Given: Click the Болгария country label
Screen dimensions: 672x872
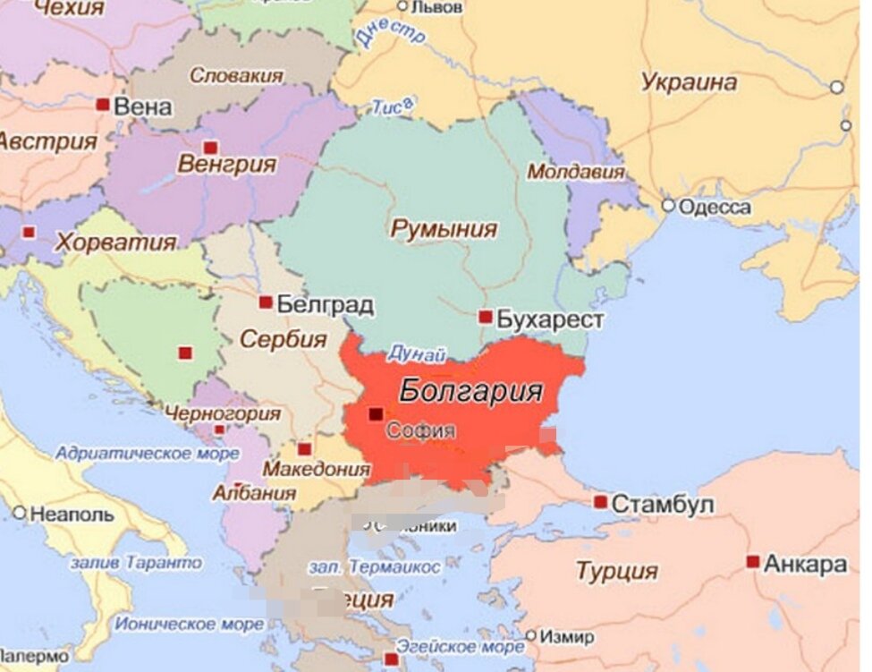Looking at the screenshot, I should click(470, 391).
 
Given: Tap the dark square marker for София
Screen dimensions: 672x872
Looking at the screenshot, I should click(376, 414).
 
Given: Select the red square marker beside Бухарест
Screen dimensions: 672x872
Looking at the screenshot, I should click(485, 317).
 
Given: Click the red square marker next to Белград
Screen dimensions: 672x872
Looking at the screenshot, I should click(266, 302).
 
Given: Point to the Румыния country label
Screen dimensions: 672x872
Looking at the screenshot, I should click(443, 229).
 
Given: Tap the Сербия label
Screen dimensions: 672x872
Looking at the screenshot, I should click(283, 340).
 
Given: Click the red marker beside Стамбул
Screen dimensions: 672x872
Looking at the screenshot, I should click(600, 502).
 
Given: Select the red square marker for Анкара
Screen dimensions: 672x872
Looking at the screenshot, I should click(753, 562).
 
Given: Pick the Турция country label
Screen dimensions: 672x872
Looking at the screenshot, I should click(616, 571).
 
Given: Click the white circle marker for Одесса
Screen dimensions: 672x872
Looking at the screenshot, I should click(667, 206).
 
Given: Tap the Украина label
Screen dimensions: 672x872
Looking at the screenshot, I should click(689, 82).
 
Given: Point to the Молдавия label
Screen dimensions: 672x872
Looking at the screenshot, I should click(575, 171).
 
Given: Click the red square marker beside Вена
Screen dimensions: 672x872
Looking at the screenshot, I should click(103, 105).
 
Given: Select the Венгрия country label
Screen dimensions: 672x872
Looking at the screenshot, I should click(226, 165).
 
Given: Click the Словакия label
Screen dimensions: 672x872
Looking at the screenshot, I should click(236, 76).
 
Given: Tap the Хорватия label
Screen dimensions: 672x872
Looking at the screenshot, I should click(115, 242).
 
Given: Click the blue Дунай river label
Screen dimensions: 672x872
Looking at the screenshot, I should click(417, 354).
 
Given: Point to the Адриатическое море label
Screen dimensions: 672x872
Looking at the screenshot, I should click(135, 454).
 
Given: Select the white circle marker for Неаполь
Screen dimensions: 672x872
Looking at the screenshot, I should click(19, 513).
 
